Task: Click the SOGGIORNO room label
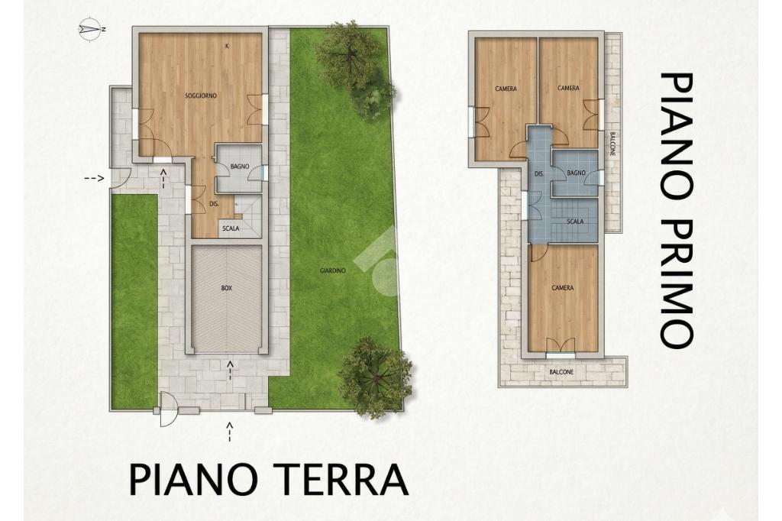201,95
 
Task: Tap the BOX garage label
227,288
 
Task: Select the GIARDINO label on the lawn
333,270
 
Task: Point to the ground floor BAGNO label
240,167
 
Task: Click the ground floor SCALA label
231,228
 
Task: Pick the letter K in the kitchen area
227,47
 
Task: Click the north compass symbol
90,29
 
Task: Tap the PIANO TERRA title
269,480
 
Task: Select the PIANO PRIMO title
677,210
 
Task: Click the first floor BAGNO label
576,173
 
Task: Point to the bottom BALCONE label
561,372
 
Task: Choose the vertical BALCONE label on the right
612,144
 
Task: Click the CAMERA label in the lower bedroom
563,288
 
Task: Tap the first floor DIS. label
538,174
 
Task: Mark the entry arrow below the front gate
229,432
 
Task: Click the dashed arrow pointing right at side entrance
94,178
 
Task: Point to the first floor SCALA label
575,222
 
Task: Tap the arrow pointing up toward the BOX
230,371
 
